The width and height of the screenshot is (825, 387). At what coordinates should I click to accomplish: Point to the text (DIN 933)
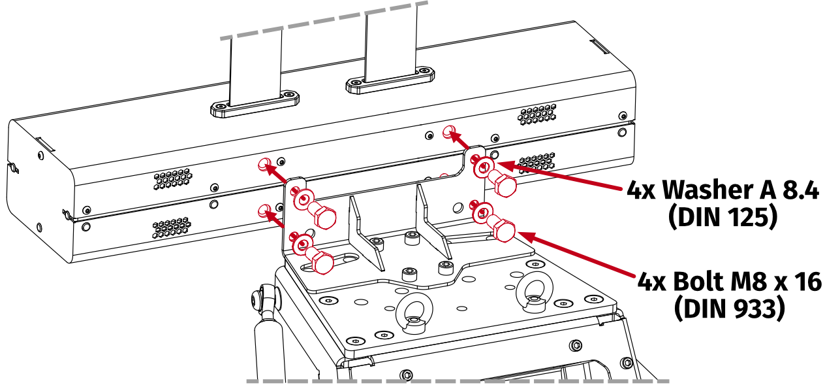tap(728, 309)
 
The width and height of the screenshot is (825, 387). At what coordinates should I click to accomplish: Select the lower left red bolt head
tap(322, 261)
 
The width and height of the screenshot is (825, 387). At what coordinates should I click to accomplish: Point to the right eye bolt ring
tap(533, 294)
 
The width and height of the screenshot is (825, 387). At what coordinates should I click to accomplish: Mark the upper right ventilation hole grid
tap(538, 114)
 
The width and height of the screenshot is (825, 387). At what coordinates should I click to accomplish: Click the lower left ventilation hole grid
tap(172, 228)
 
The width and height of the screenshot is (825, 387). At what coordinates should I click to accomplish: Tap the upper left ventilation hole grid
tap(173, 179)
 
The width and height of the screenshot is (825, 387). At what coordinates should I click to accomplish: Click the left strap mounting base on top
tap(255, 104)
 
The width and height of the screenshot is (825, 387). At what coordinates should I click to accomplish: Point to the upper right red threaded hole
tap(448, 132)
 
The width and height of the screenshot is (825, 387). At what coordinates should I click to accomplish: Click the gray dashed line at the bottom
tap(457, 380)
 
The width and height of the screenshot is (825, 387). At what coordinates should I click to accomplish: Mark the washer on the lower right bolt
tap(482, 212)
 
